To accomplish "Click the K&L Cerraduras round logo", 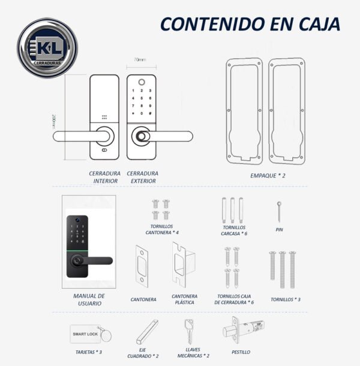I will (x=48, y=47).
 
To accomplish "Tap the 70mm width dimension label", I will (x=140, y=60).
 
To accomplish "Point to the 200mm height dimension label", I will (x=54, y=118).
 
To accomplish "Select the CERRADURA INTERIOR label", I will (x=104, y=176).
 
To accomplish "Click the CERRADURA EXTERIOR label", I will (x=143, y=176).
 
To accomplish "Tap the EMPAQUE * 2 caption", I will (x=268, y=176).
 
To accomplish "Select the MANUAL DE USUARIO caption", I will (x=89, y=299).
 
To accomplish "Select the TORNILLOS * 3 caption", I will (x=285, y=299).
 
